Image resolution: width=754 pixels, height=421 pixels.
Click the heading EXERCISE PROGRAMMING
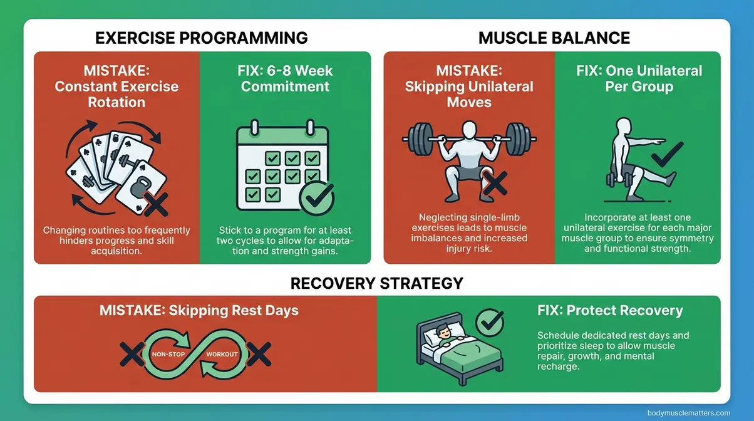pyautogui.click(x=201, y=38)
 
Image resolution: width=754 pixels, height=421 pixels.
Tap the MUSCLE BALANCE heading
pyautogui.click(x=554, y=38)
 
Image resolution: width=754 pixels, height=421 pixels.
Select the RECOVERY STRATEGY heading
pyautogui.click(x=376, y=283)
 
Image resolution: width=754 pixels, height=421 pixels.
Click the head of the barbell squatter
pyautogui.click(x=469, y=131)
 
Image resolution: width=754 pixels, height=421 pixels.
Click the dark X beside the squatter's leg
pyautogui.click(x=494, y=184)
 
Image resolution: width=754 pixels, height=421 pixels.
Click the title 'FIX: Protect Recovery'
pyautogui.click(x=610, y=311)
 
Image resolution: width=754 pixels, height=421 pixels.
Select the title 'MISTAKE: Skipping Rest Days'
pyautogui.click(x=199, y=310)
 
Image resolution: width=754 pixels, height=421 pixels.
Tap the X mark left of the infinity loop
pyautogui.click(x=132, y=355)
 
